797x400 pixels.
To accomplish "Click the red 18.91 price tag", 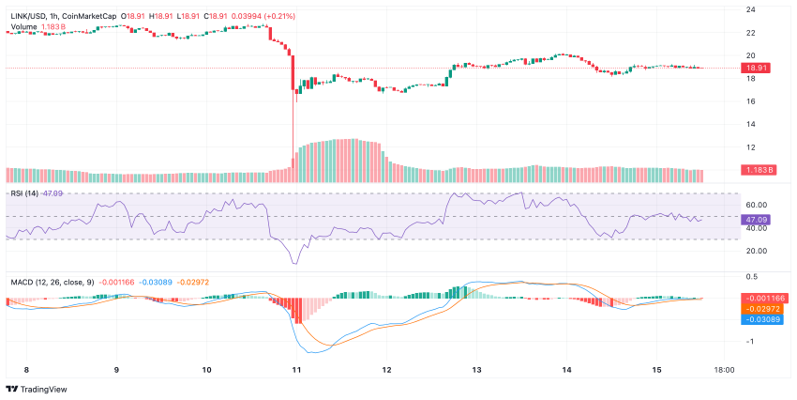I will pos(756,68).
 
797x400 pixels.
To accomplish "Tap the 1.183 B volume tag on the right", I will pos(756,170).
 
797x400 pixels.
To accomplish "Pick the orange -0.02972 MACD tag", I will pos(761,308).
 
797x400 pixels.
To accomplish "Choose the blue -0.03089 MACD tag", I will pos(761,319).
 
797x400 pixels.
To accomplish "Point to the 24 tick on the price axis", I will pos(751,9).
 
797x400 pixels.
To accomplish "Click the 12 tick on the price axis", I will pos(751,146).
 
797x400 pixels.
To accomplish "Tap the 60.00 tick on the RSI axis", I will pos(756,205).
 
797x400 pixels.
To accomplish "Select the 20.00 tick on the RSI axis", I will pos(756,251).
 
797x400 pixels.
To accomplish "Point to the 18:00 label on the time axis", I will pos(724,370).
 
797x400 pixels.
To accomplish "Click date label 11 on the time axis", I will pos(295,370).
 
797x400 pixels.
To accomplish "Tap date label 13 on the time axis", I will pos(476,370).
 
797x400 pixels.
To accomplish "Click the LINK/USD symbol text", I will pos(25,16).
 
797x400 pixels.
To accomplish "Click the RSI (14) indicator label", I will pos(24,192).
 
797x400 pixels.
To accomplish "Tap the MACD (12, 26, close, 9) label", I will pos(53,281).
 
